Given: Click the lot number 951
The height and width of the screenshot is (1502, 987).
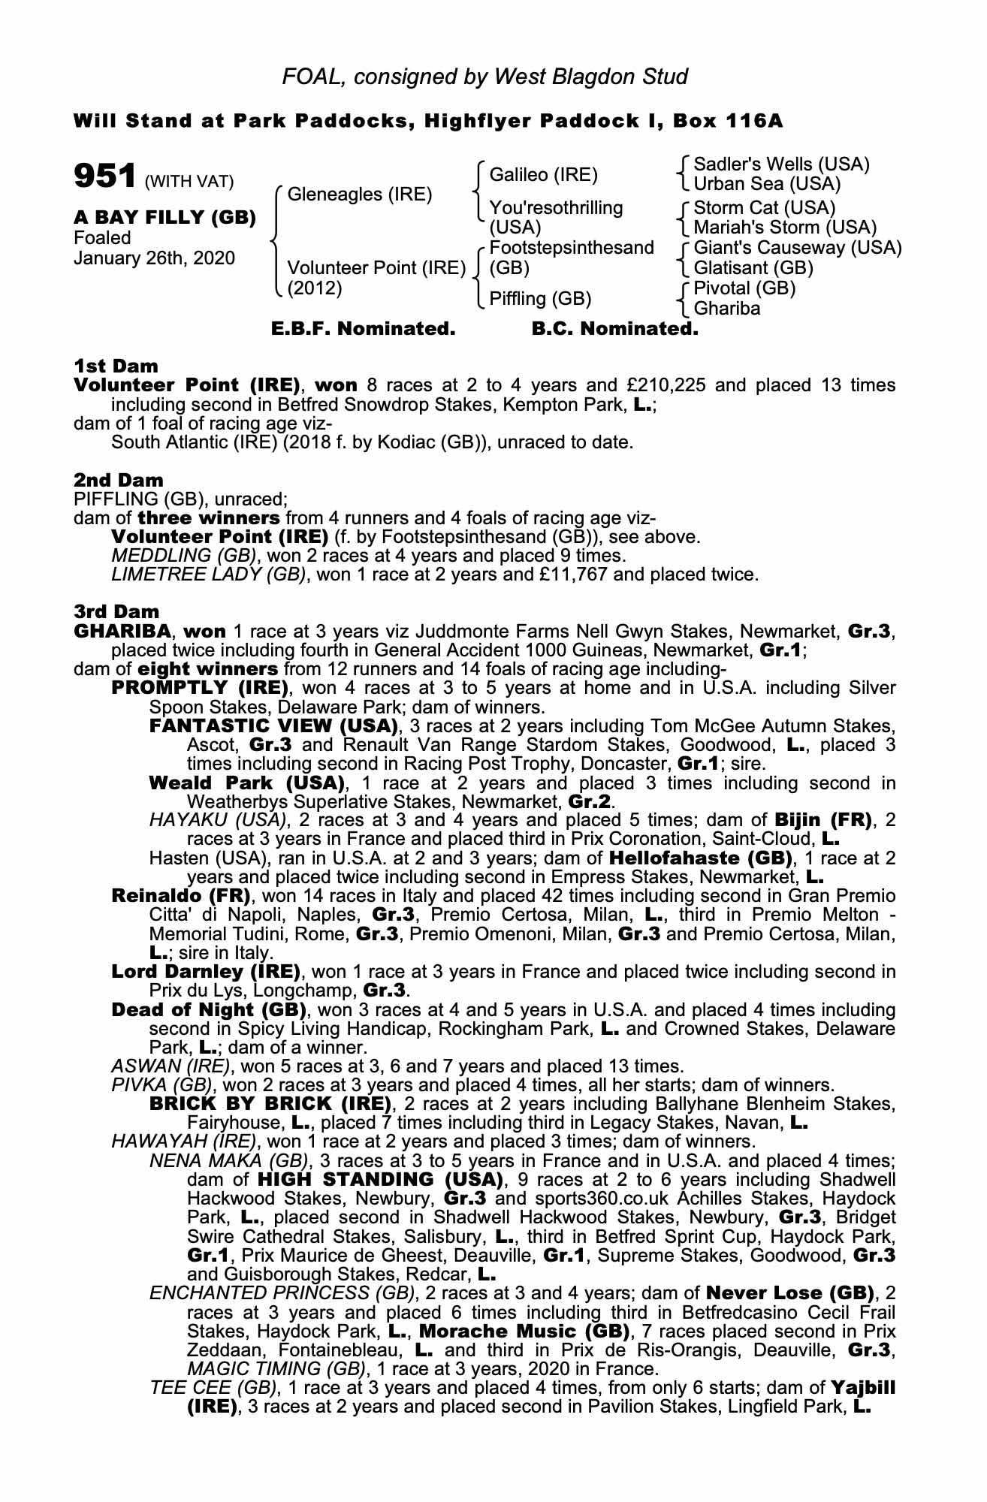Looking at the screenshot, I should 104,176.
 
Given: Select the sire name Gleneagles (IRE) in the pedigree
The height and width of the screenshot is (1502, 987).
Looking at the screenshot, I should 360,195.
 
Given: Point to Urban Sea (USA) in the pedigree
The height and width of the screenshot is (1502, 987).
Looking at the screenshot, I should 766,184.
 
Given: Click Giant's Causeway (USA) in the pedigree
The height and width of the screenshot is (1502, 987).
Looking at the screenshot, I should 797,248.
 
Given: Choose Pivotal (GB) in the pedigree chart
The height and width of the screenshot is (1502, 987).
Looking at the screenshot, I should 744,288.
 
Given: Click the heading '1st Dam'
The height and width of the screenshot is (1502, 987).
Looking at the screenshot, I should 116,366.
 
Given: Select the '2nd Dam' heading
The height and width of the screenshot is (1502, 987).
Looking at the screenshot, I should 119,480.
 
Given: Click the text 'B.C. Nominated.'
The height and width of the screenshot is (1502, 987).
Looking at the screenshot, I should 614,329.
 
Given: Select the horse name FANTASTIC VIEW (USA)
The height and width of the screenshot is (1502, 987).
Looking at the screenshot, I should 273,726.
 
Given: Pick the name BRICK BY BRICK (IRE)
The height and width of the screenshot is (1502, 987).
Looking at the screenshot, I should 270,1104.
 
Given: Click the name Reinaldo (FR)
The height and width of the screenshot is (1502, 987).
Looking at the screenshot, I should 181,896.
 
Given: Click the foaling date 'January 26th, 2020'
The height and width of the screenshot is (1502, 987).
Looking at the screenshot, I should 154,258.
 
